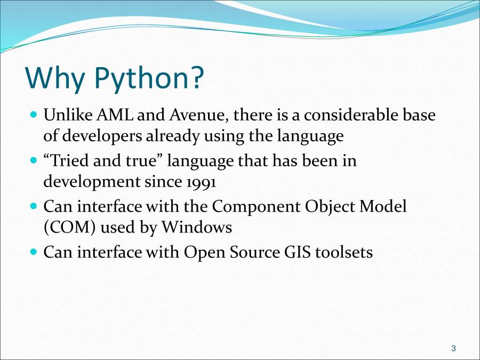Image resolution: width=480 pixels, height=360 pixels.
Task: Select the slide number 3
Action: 453,348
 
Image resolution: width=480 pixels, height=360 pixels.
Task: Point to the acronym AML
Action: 115,115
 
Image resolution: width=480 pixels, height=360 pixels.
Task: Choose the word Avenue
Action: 201,115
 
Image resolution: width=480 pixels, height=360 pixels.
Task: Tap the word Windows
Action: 197,227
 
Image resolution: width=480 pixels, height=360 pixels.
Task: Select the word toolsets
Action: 344,252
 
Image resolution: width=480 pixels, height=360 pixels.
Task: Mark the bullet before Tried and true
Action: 34,160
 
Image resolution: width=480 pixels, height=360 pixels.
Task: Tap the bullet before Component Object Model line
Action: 34,206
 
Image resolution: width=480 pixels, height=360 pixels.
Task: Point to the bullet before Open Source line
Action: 34,252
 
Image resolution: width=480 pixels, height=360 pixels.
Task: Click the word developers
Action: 102,137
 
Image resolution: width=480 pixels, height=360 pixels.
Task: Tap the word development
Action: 92,182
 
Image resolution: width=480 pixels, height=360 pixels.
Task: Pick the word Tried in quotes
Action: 69,161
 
